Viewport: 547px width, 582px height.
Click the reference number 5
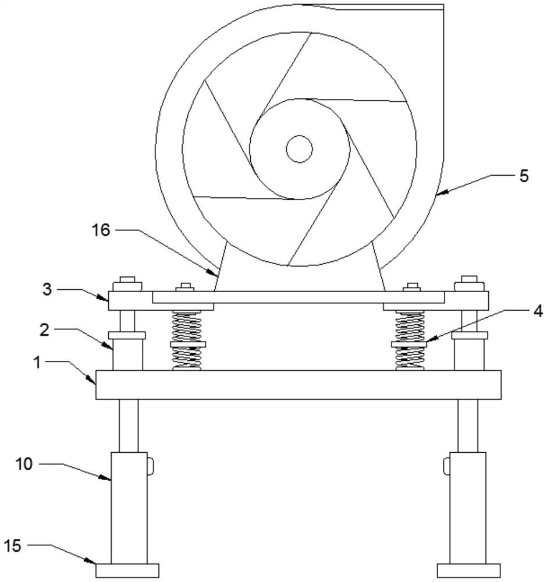[524, 176]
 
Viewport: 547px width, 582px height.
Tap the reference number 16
[101, 230]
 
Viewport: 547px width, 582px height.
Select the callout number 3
[47, 289]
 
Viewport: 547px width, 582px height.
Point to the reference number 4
[538, 311]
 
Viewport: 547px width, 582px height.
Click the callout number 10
[24, 464]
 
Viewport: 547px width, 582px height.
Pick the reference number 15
[13, 546]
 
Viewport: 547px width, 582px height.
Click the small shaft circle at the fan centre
[299, 149]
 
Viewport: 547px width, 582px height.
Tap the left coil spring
[187, 340]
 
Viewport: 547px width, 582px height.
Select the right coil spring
[409, 340]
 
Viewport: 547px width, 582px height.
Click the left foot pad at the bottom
[127, 570]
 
